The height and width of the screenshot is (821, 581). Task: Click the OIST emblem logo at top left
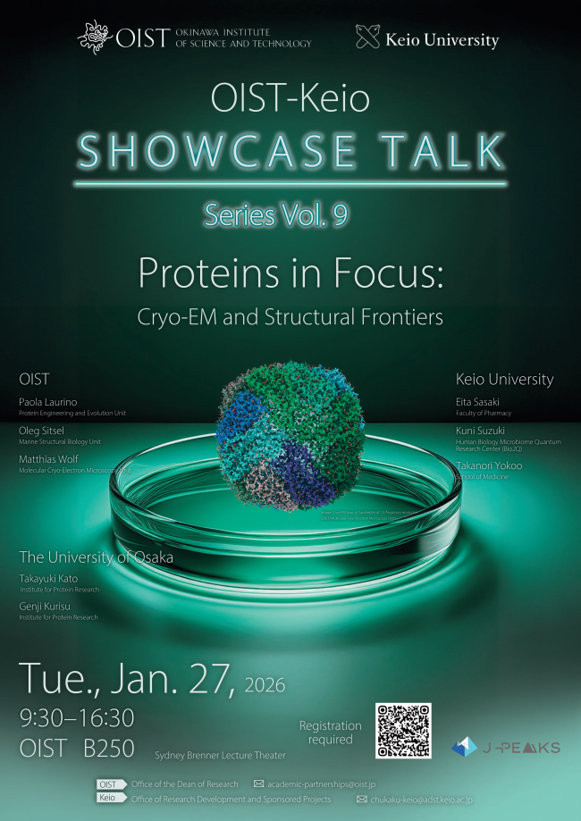click(x=97, y=37)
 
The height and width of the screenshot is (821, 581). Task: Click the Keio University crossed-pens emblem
click(x=367, y=38)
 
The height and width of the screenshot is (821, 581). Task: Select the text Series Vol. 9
click(x=274, y=214)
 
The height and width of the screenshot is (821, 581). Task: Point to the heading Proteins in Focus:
click(x=290, y=273)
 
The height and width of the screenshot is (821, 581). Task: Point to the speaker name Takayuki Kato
click(x=49, y=578)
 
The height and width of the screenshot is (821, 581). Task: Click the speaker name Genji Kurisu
click(x=47, y=606)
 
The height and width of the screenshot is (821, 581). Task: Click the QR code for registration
click(x=403, y=731)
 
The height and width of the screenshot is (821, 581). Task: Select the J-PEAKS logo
click(x=505, y=747)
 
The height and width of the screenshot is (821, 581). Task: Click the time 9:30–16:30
click(x=76, y=717)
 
